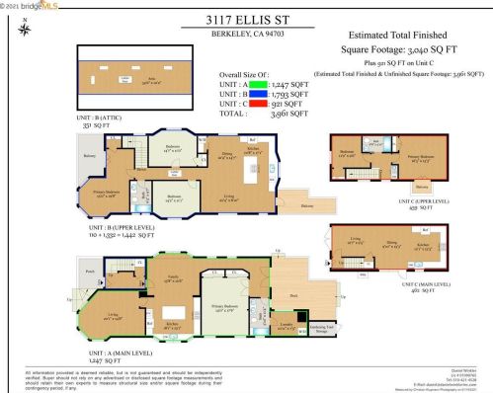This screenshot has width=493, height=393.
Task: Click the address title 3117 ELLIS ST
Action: (246, 19)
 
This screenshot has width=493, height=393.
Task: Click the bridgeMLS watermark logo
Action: (29, 6)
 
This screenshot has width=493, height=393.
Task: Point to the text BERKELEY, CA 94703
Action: (246, 37)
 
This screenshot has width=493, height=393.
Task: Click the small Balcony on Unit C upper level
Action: (422, 186)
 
